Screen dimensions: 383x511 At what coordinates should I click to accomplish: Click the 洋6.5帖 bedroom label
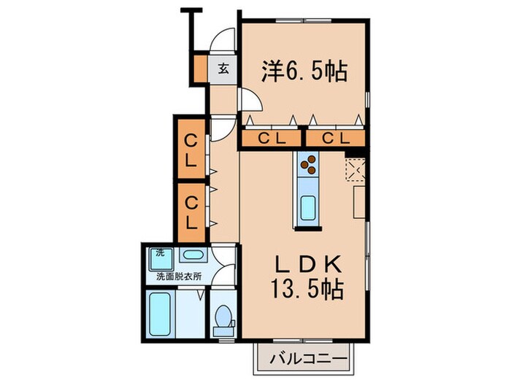[303, 72]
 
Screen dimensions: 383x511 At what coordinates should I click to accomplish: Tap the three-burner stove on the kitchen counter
[307, 165]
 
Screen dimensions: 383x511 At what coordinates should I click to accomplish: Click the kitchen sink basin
[307, 207]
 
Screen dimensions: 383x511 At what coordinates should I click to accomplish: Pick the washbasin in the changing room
[193, 255]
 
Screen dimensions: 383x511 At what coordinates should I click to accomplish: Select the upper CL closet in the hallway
[189, 150]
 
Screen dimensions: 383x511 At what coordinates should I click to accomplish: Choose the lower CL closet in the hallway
[189, 211]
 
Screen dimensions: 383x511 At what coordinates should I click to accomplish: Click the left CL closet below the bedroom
[271, 138]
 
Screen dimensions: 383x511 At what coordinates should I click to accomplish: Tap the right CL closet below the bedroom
[333, 138]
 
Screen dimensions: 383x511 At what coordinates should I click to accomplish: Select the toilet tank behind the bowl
[224, 332]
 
